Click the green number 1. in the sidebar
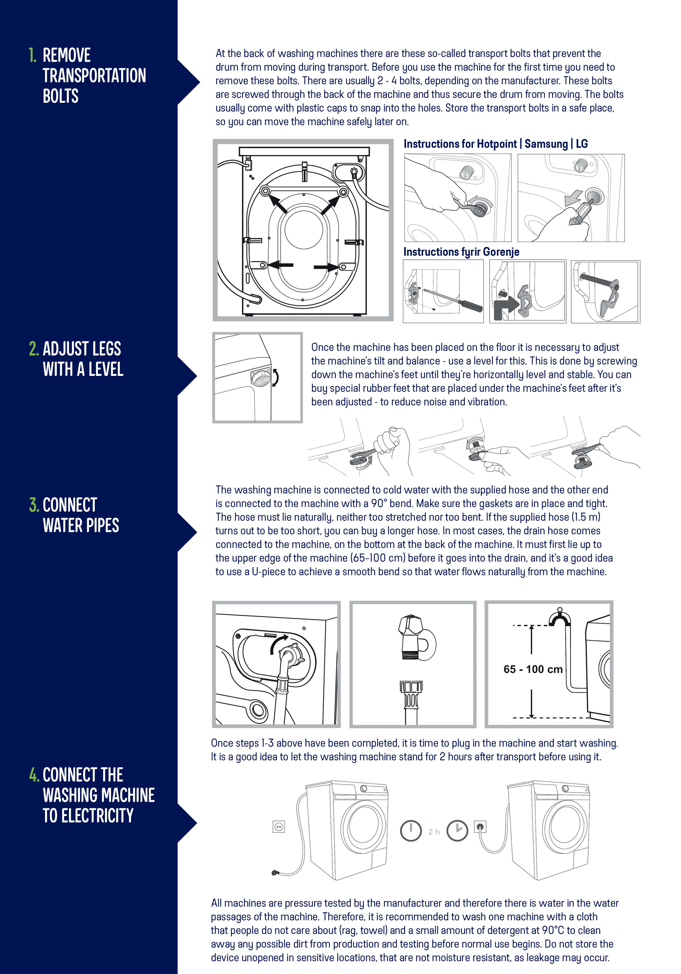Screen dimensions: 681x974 (33, 55)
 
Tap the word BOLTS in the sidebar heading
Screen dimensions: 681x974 (61, 96)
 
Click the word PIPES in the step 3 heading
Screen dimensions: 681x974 (103, 525)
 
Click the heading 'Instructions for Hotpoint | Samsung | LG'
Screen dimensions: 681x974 (495, 144)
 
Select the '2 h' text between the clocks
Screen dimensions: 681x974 (434, 832)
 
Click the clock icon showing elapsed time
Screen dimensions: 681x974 (457, 831)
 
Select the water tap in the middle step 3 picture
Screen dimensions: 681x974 (416, 636)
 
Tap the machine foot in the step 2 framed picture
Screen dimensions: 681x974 (261, 377)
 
